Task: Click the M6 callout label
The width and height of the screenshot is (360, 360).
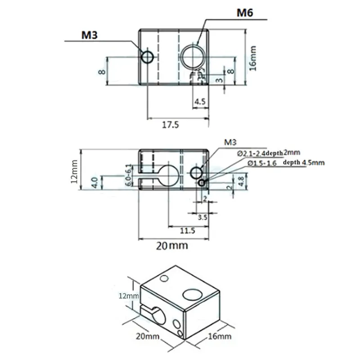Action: coord(245,13)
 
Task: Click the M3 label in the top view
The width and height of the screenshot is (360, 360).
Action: coord(90,35)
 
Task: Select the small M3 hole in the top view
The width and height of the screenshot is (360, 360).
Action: coord(148,57)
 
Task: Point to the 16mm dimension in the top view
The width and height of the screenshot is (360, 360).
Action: coord(252,58)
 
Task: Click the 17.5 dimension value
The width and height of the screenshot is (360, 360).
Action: coord(171,125)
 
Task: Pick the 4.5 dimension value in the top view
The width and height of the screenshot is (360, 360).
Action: coord(200,101)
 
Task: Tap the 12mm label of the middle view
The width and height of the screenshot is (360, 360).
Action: coord(74,172)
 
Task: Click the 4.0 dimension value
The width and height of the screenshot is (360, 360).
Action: coord(95,182)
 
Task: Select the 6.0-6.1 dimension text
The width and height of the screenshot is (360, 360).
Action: coord(129,175)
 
